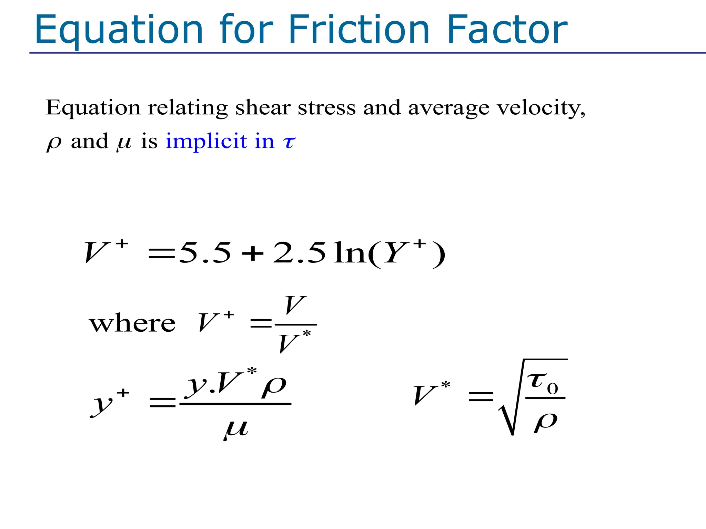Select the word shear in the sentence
coord(263,107)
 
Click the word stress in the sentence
coord(327,107)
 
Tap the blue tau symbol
coord(289,142)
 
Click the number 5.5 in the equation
coord(205,253)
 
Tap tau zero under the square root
coord(543,382)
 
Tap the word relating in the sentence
coord(188,108)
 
